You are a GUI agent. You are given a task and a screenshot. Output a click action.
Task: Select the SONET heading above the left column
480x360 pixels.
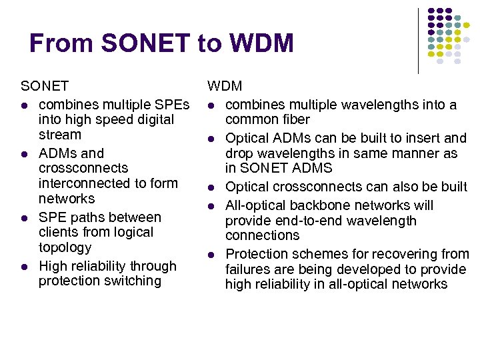point(45,86)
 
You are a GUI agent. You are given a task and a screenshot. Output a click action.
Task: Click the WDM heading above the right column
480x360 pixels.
point(225,86)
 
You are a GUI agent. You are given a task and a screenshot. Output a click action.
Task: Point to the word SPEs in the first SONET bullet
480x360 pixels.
point(173,105)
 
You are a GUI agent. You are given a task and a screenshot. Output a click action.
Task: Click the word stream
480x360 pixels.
point(60,135)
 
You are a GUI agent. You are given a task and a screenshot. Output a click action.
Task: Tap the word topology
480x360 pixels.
point(65,247)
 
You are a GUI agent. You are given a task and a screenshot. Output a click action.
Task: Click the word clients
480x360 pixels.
point(57,232)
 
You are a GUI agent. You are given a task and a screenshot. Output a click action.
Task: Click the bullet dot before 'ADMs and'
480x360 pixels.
point(25,154)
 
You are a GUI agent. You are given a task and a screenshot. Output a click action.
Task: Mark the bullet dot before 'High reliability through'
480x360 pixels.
point(25,267)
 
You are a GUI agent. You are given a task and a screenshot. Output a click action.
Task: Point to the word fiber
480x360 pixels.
point(295,120)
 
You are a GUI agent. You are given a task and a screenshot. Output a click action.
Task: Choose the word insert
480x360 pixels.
point(422,138)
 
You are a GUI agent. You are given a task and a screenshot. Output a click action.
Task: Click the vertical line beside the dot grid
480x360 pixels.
point(418,40)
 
